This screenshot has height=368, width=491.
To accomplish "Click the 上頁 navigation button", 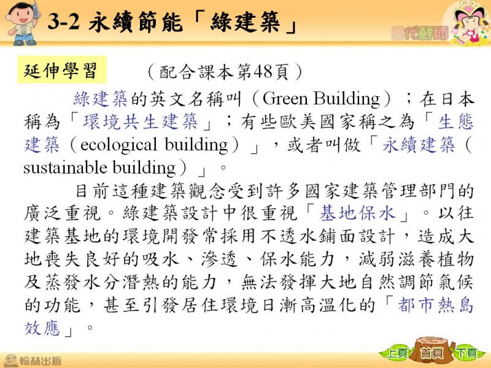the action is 396,353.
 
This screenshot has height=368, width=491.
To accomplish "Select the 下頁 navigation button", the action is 466,353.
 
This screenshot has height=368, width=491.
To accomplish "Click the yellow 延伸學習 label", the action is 62,70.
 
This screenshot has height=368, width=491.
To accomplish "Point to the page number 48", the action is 263,72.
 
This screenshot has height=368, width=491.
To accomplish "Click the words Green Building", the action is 320,99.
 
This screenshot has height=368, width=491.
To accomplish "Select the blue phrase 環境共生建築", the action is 141,121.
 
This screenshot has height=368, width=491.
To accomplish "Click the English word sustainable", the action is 65,167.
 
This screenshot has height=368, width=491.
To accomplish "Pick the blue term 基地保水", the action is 357,213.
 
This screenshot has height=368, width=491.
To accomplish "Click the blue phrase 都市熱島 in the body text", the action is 436,305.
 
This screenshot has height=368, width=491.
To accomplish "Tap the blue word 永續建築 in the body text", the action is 419,145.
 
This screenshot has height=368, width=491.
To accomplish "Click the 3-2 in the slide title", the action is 63,22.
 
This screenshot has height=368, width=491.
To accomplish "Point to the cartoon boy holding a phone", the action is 23,23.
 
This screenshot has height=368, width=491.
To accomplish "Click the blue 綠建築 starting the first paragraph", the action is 100,99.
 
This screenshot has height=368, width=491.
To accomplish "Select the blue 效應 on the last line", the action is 42,328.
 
